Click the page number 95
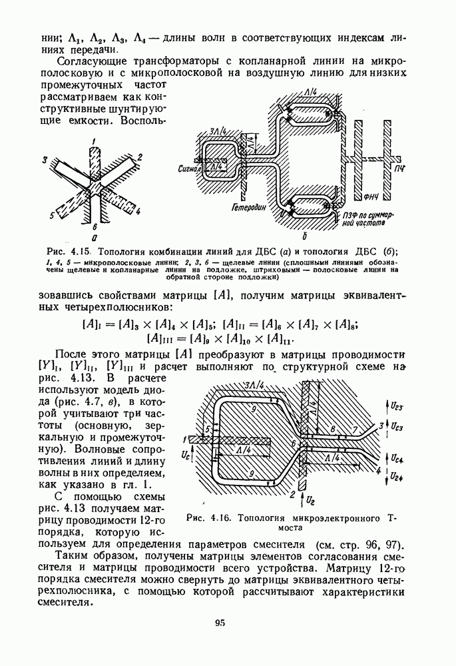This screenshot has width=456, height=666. pos(221,623)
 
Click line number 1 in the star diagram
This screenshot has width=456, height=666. pos(95,140)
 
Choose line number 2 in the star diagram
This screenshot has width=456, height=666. pos(141,158)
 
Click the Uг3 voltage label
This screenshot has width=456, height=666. pos(399,404)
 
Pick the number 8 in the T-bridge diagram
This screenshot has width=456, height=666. pos(332,430)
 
